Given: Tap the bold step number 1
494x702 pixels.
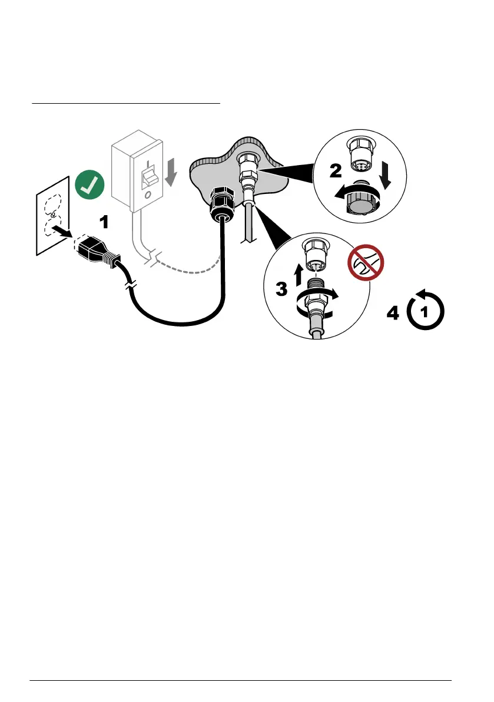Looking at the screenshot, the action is [x=104, y=222].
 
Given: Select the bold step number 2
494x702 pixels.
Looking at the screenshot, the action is [x=335, y=172].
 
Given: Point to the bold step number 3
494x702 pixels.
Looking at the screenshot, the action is [x=282, y=289].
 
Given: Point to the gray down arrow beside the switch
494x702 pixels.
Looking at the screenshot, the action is [x=170, y=172].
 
